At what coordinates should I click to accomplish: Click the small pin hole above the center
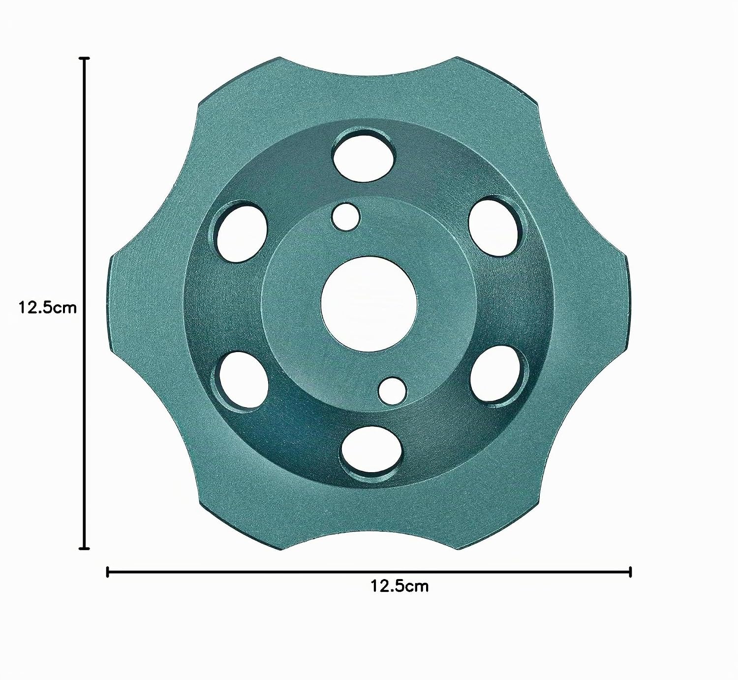click(x=345, y=217)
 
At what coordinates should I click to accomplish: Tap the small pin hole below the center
click(x=393, y=391)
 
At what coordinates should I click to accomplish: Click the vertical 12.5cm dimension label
click(x=48, y=307)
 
